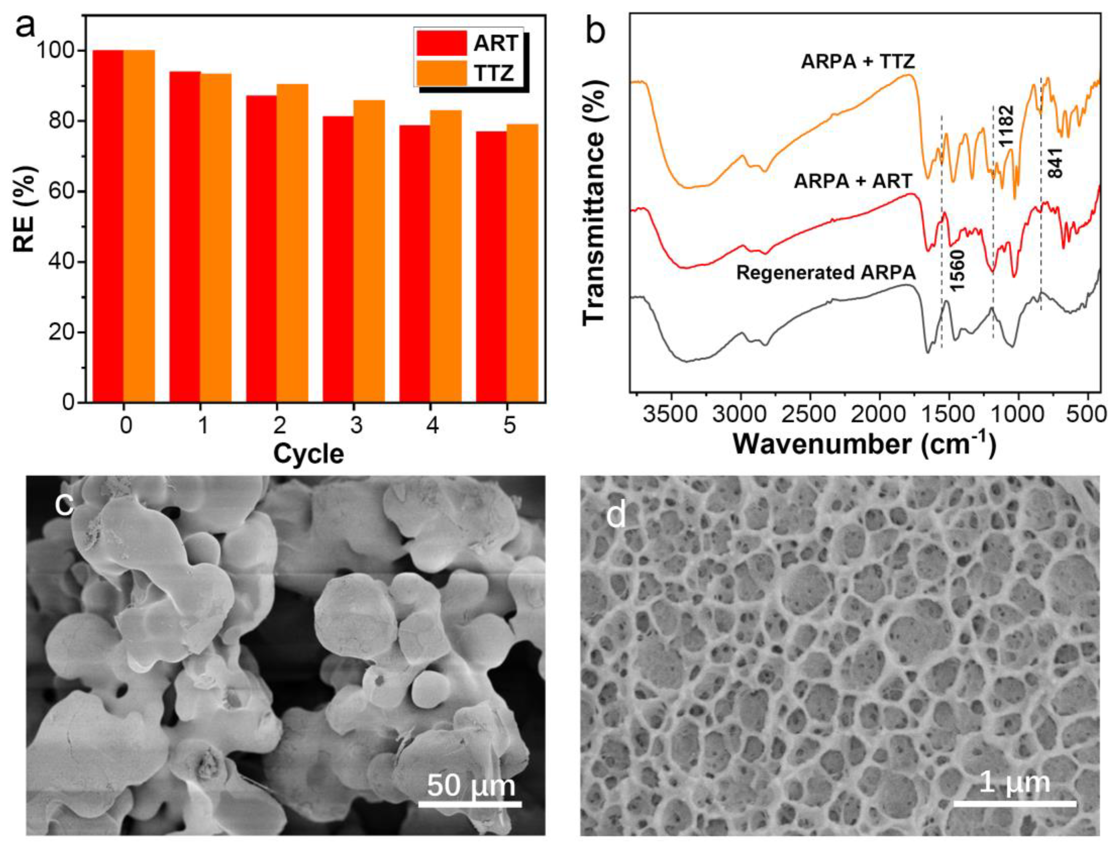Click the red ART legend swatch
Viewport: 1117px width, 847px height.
[441, 43]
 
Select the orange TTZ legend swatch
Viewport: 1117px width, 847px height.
[441, 73]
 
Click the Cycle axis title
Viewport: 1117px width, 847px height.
[308, 454]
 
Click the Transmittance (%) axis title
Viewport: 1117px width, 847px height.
[595, 202]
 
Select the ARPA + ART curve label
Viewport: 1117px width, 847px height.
[853, 181]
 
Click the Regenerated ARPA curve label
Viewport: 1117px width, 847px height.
[826, 273]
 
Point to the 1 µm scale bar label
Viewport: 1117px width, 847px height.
[1014, 782]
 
